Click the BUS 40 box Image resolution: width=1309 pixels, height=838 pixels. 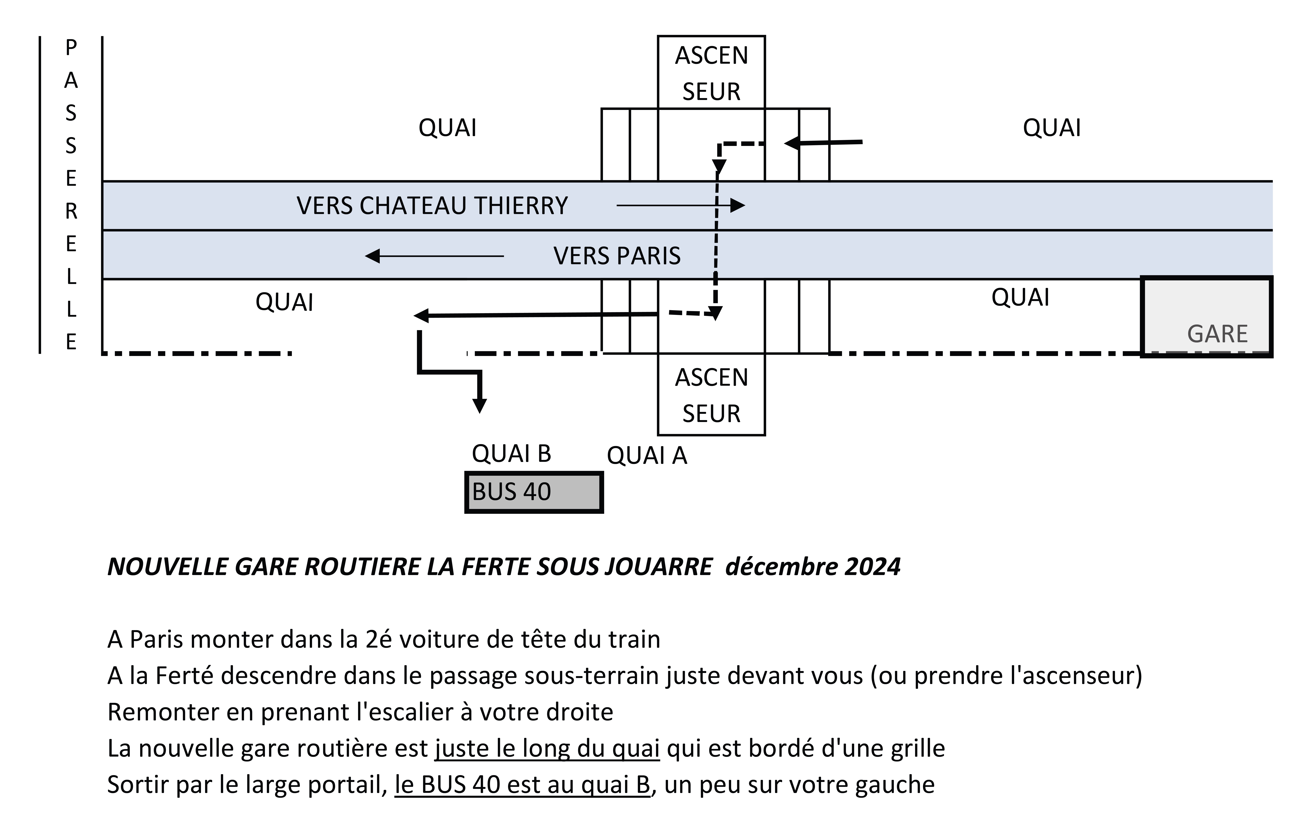pyautogui.click(x=534, y=492)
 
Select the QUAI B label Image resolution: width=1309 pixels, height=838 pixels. pyautogui.click(x=511, y=453)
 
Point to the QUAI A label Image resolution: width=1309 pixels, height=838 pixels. pyautogui.click(x=647, y=455)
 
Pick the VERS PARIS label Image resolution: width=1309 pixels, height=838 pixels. pyautogui.click(x=617, y=256)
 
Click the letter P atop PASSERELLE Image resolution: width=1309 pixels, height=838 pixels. pyautogui.click(x=71, y=48)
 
